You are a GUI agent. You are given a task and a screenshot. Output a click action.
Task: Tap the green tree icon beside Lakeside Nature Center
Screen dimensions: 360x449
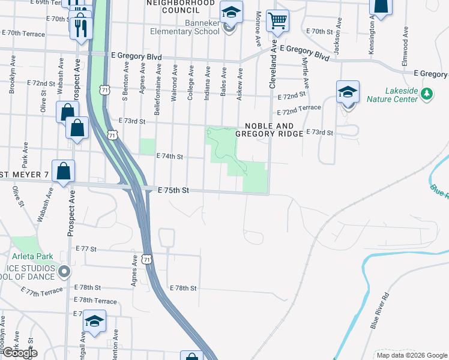(x=426, y=94)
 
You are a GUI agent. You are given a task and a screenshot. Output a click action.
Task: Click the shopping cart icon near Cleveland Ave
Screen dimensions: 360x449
(x=277, y=20)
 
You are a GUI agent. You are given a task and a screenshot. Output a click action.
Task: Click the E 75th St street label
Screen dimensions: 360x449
(x=173, y=190)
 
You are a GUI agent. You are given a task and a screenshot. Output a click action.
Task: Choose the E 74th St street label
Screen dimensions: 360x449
(x=169, y=156)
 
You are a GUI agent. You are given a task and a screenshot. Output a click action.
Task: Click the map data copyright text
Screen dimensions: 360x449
(x=411, y=355)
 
